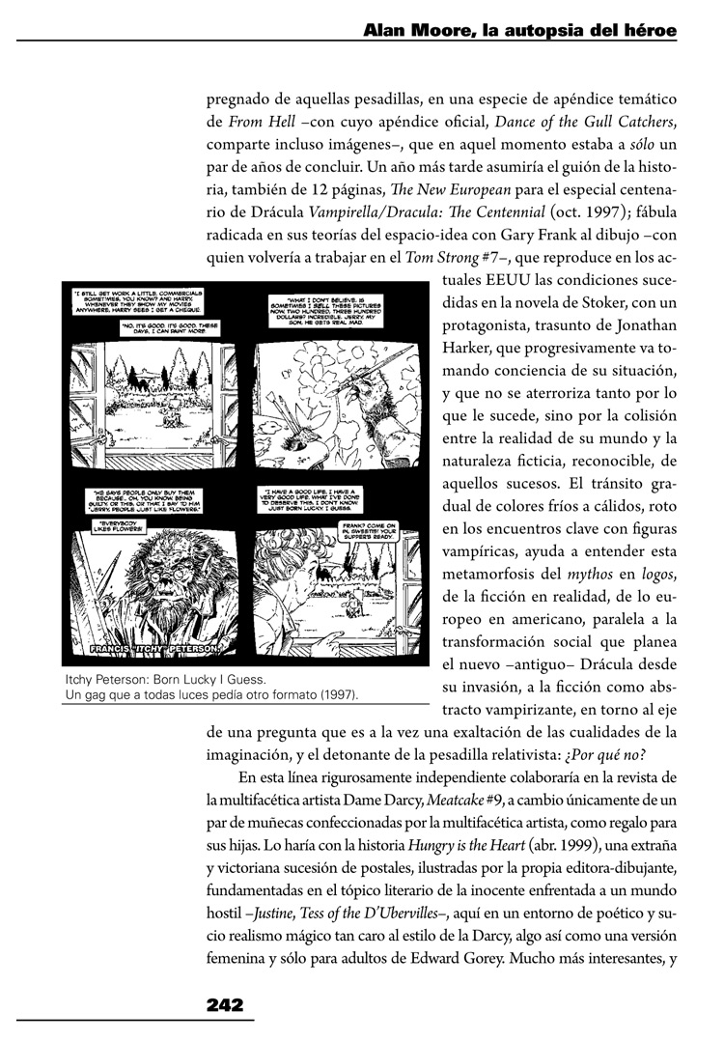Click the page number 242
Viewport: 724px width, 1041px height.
pyautogui.click(x=224, y=1004)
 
